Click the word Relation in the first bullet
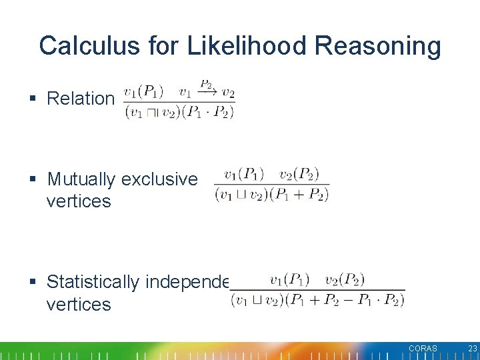click(81, 99)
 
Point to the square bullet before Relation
click(33, 99)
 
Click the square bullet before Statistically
click(33, 283)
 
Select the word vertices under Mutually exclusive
click(78, 201)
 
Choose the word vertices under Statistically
click(78, 305)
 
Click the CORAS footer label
click(423, 349)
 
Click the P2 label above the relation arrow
click(206, 85)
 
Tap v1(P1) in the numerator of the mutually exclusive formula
click(244, 175)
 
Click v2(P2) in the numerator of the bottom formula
click(345, 279)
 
